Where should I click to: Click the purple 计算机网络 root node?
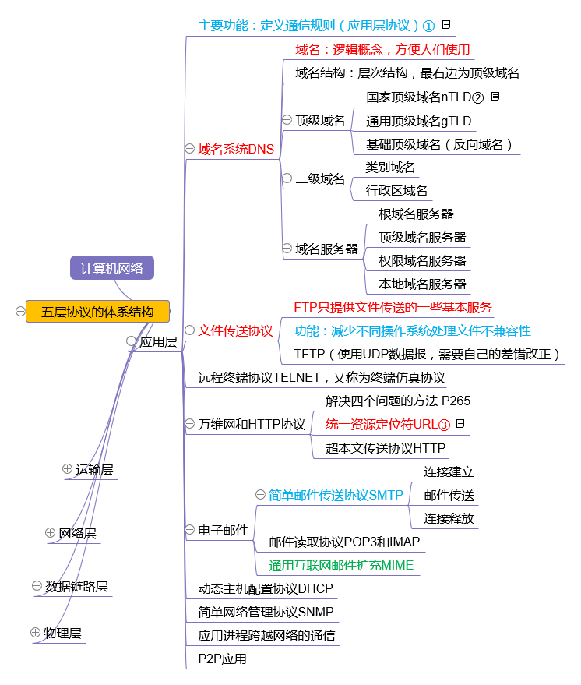[x=112, y=268]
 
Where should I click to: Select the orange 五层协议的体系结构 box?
[x=97, y=312]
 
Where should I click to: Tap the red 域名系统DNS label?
[x=236, y=149]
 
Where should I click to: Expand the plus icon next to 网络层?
[x=51, y=533]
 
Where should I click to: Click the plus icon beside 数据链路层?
[x=37, y=585]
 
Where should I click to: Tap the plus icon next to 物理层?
[x=35, y=632]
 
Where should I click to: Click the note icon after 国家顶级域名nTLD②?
[x=495, y=97]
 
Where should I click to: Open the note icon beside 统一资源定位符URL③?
[x=460, y=424]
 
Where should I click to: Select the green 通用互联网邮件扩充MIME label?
[x=341, y=565]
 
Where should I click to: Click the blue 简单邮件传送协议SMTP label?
[x=336, y=495]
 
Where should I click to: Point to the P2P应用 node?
[x=222, y=659]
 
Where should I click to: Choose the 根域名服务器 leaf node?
[x=416, y=214]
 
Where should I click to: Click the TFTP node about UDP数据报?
[x=428, y=354]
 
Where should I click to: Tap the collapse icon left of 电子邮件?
[x=190, y=530]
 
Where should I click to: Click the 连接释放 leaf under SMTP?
[x=449, y=518]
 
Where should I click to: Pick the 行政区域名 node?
[x=396, y=190]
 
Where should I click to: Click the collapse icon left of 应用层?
[x=131, y=341]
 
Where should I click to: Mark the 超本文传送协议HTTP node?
[x=386, y=448]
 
